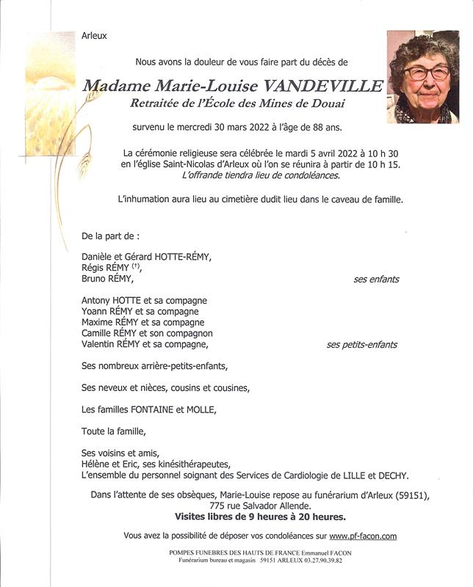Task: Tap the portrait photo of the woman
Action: (x=423, y=76)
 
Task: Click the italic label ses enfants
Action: (x=376, y=280)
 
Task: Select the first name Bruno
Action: (x=95, y=280)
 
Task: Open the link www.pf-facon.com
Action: (x=363, y=537)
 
